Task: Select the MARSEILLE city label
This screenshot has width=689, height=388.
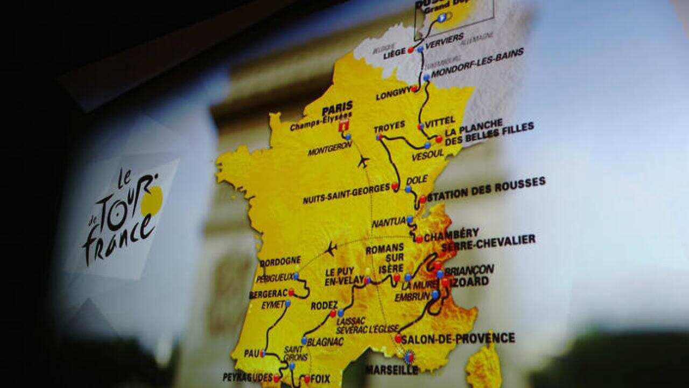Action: pos(391,370)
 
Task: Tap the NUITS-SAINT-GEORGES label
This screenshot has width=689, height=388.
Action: pos(346,189)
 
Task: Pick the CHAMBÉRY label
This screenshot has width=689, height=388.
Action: pos(451,233)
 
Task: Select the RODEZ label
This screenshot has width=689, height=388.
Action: pos(324,305)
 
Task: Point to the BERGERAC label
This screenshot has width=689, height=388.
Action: pos(268,295)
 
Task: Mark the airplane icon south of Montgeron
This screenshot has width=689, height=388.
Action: pos(364,161)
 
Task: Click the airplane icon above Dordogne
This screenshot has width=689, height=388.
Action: pos(331,249)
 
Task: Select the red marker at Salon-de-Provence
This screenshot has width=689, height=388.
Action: pos(398,339)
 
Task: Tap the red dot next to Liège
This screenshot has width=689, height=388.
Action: pos(411,50)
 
